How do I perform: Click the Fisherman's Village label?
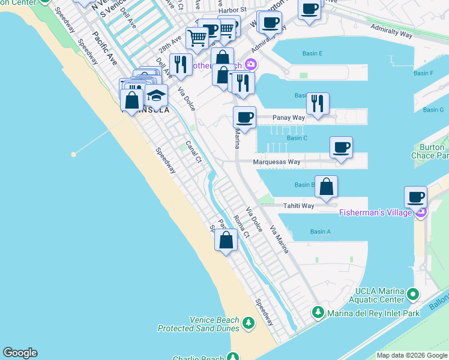click(376, 212)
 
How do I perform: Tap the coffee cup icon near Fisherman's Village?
click(415, 196)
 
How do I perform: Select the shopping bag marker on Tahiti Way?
click(326, 187)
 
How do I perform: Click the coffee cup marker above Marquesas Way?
click(341, 148)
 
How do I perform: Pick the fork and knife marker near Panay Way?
click(318, 103)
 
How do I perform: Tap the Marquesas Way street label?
click(277, 162)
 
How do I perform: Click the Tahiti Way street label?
click(300, 206)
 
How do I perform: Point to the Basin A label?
click(320, 232)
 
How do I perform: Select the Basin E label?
click(312, 54)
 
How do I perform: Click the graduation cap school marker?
click(156, 95)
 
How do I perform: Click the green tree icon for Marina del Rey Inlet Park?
click(318, 313)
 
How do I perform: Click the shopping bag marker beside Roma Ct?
click(226, 241)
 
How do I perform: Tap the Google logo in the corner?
click(20, 353)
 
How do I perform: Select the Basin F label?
click(423, 73)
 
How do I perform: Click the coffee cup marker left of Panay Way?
click(244, 118)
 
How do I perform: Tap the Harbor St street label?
click(232, 10)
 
